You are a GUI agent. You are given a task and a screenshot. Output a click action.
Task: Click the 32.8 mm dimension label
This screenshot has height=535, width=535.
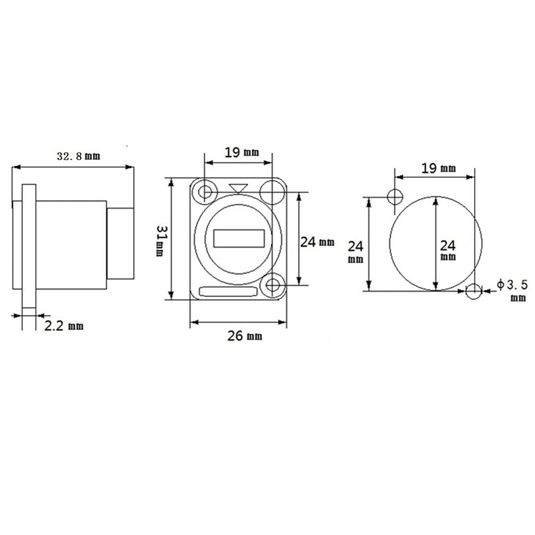[x=78, y=156]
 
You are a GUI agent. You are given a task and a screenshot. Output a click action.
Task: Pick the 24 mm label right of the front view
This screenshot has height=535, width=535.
[x=317, y=243]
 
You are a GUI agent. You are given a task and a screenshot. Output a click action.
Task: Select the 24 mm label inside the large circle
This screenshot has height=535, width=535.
[x=449, y=248]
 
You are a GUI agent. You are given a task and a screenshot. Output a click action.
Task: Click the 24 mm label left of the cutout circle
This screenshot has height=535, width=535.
[x=355, y=251]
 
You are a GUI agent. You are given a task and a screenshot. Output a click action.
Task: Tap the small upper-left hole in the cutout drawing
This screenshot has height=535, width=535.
[x=395, y=196]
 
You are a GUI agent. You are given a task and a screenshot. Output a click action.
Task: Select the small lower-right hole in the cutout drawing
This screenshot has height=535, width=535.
[x=474, y=291]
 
